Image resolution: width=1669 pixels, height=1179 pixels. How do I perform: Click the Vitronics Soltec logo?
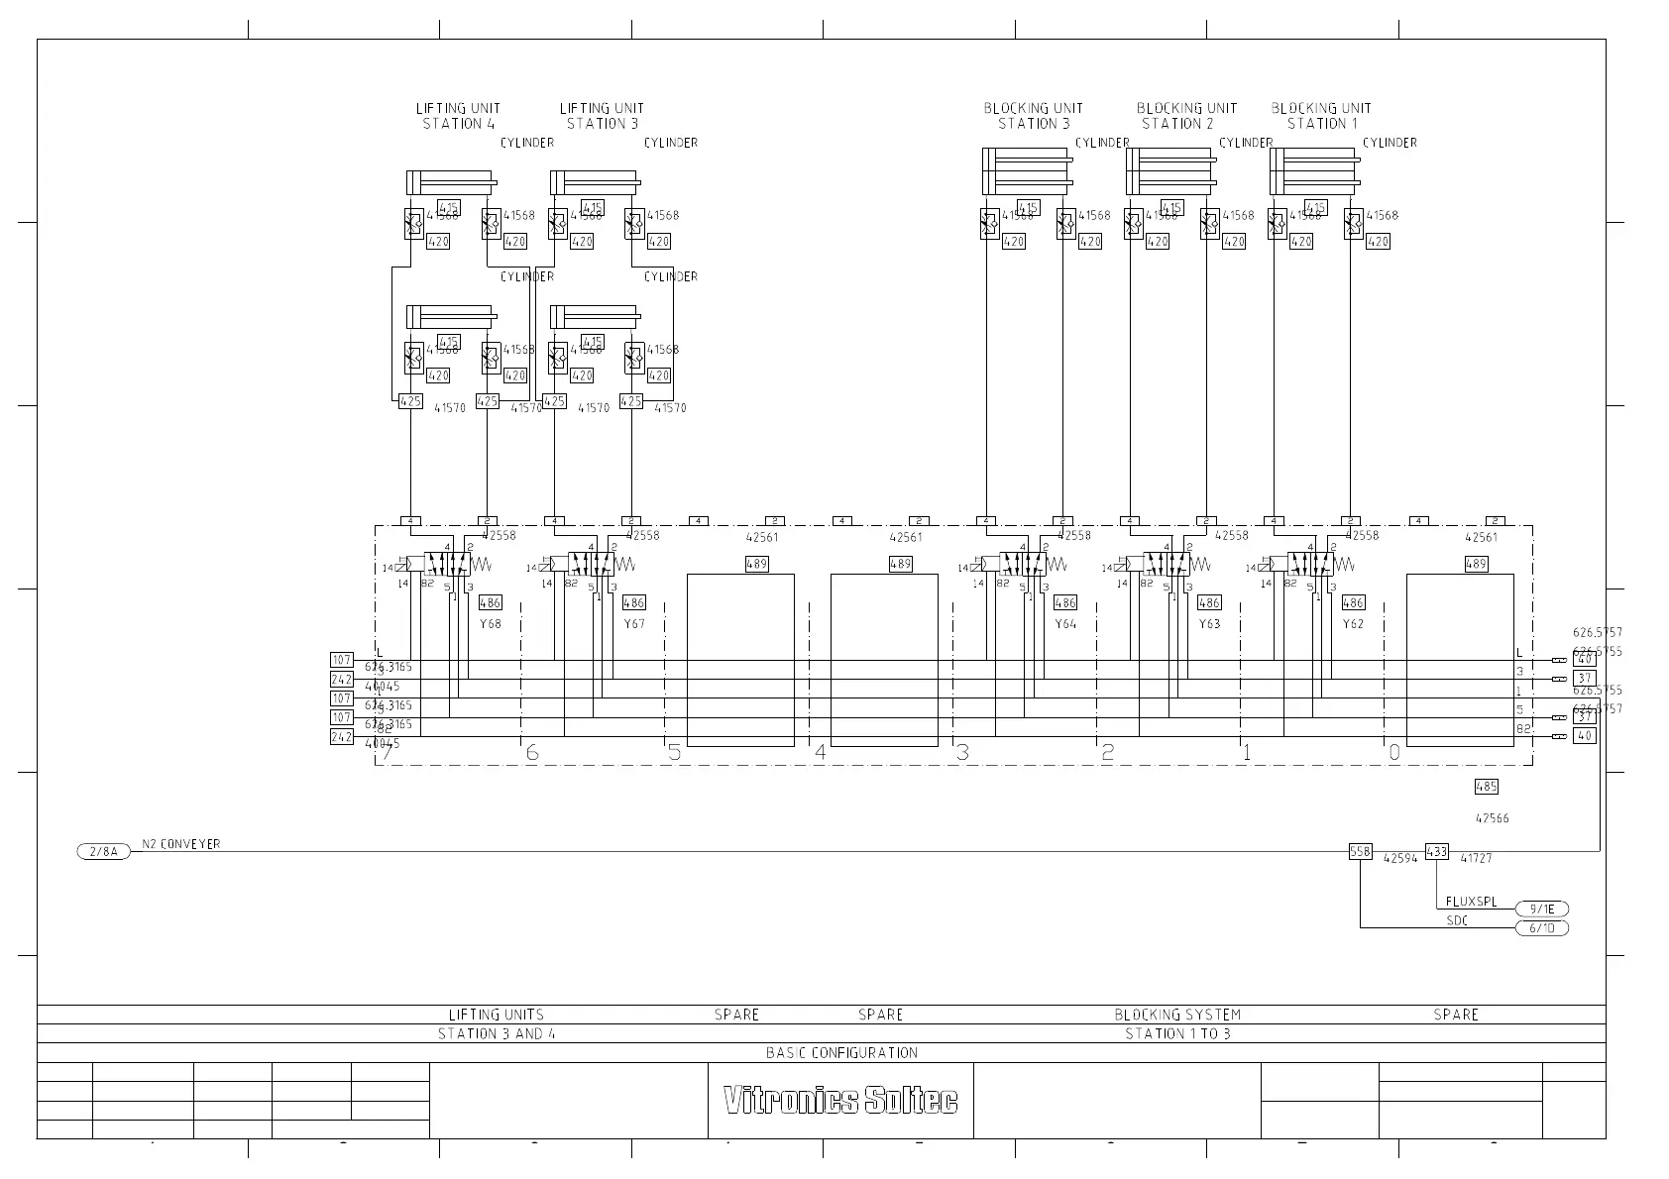click(x=840, y=1100)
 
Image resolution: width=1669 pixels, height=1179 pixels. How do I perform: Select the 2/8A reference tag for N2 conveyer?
click(x=103, y=851)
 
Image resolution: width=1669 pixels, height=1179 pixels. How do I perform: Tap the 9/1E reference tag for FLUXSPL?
click(x=1542, y=909)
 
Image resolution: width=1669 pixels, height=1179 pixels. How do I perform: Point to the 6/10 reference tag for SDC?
click(x=1542, y=928)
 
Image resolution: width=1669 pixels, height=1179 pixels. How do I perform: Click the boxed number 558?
click(x=1360, y=851)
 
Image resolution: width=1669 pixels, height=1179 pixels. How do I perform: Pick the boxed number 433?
click(x=1436, y=850)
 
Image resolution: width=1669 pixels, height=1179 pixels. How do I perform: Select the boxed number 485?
click(x=1486, y=787)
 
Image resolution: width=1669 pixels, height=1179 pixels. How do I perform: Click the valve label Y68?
click(x=491, y=624)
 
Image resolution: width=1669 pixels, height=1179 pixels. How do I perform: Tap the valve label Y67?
click(x=634, y=624)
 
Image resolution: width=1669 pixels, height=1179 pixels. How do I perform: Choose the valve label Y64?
click(x=1065, y=624)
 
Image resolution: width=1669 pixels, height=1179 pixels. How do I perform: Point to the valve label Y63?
click(x=1209, y=624)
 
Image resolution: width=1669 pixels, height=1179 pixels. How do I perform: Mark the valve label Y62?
click(x=1353, y=624)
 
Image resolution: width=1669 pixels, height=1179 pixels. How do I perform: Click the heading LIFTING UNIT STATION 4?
click(x=458, y=116)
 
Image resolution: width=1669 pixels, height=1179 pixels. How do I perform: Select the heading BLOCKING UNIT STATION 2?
click(x=1186, y=116)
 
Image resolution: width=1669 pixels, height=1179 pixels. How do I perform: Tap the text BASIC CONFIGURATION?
click(x=841, y=1052)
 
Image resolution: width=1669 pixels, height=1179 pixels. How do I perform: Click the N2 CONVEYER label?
click(x=181, y=844)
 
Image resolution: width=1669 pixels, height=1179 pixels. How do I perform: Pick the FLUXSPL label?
click(x=1471, y=903)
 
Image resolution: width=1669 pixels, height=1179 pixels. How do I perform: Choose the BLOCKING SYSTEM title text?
click(x=1176, y=1015)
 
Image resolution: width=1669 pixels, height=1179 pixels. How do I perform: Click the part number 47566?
click(x=1492, y=818)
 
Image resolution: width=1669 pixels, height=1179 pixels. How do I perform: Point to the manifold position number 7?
click(x=388, y=752)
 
